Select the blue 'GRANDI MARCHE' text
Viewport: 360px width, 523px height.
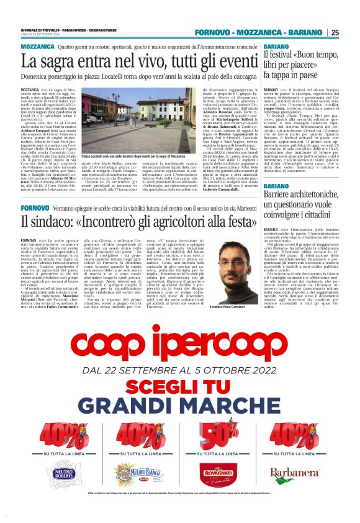[180, 404]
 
